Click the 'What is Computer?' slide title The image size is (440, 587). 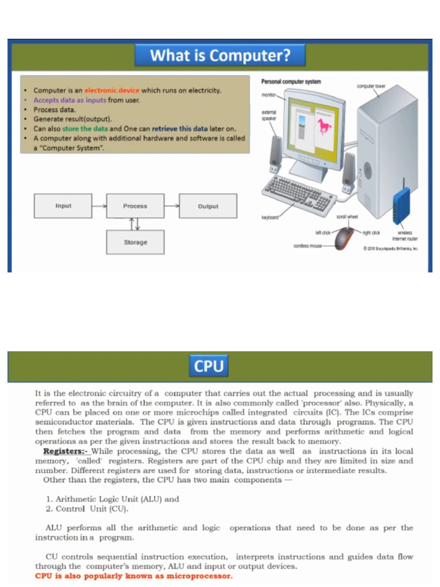(220, 56)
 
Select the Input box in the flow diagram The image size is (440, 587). (63, 206)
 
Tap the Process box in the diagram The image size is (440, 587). (135, 206)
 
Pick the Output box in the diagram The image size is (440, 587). (208, 206)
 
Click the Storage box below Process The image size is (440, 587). (135, 242)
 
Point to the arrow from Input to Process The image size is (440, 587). (99, 206)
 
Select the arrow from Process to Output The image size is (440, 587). (171, 206)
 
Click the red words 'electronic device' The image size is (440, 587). (112, 91)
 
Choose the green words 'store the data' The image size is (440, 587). (85, 128)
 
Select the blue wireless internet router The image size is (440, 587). (402, 205)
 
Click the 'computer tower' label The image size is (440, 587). (371, 87)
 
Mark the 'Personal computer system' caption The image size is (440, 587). (291, 82)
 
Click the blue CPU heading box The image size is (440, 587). (209, 366)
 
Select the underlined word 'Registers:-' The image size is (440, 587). (65, 451)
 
